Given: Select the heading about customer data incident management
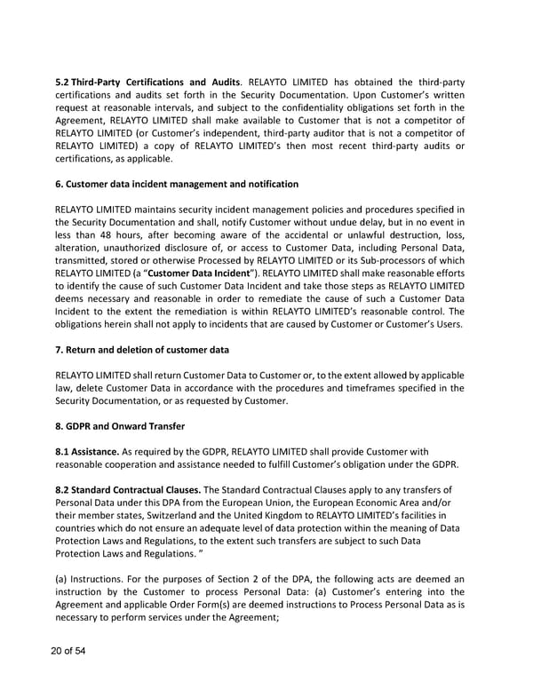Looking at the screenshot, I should click(x=177, y=184).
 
